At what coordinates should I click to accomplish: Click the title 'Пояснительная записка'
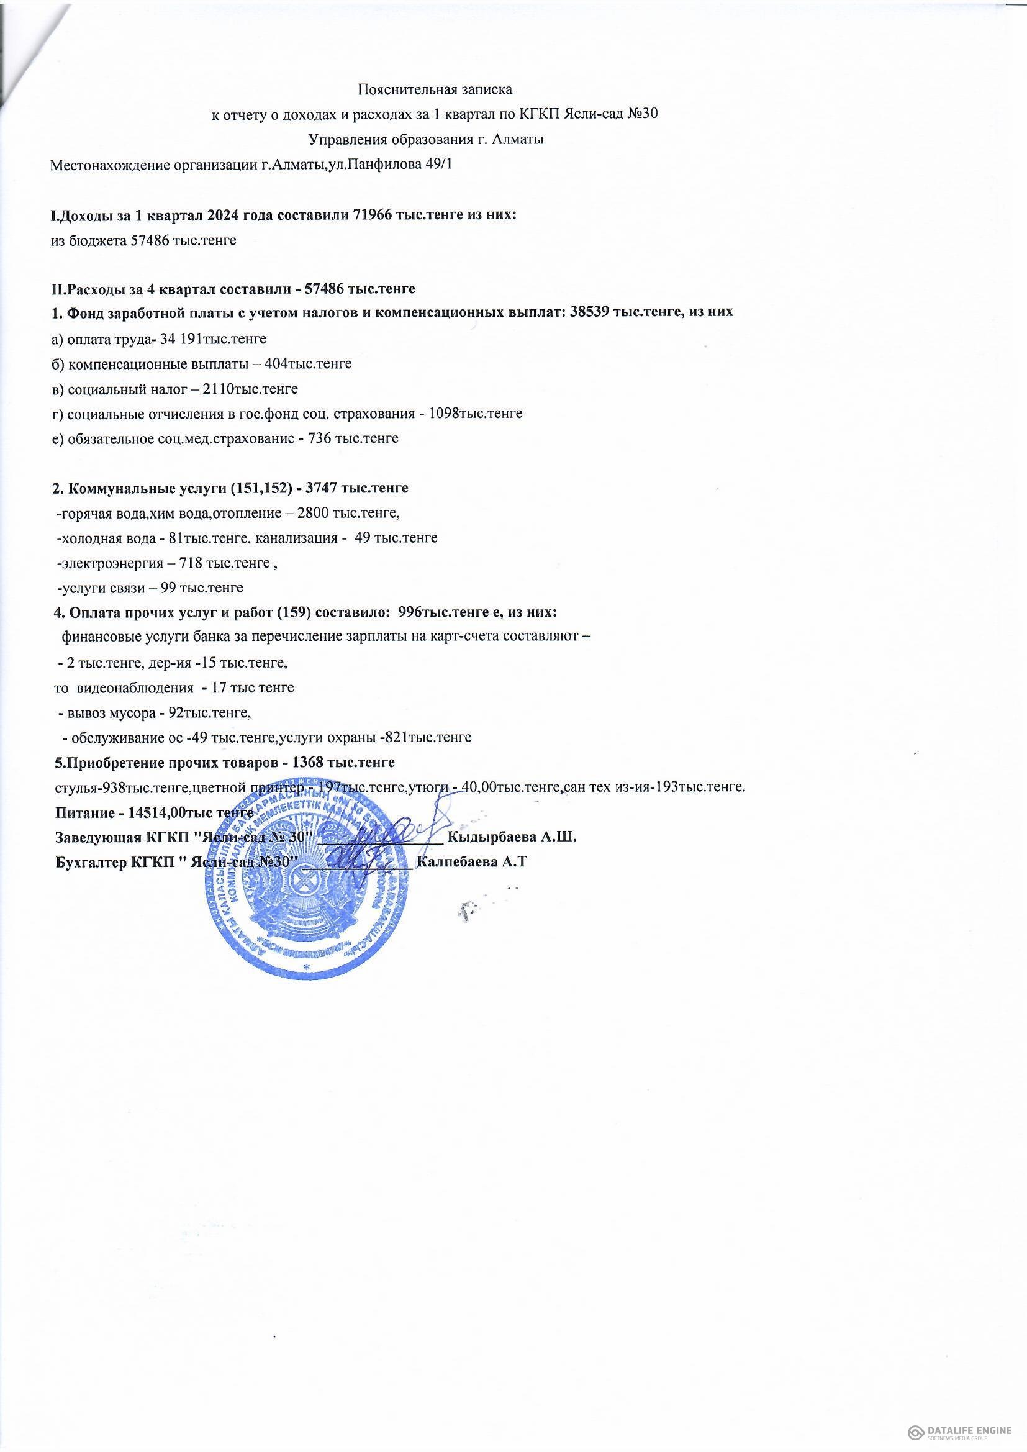click(x=435, y=89)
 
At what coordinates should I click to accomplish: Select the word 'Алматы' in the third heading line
click(x=521, y=140)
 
